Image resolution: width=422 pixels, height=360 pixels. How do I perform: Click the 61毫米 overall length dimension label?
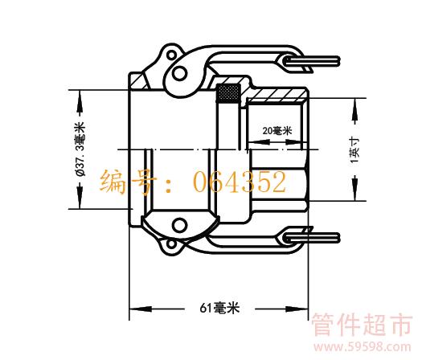(219, 308)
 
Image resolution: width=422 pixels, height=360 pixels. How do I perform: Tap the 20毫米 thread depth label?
(277, 131)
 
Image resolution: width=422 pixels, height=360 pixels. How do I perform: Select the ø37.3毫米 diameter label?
(80, 149)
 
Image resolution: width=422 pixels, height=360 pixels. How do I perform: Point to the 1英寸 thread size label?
(354, 149)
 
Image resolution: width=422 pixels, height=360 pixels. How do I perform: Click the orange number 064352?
(240, 182)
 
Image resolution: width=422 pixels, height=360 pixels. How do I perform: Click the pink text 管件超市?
(362, 325)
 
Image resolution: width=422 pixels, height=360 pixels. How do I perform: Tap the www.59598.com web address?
(362, 346)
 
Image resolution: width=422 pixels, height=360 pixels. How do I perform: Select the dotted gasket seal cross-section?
(228, 93)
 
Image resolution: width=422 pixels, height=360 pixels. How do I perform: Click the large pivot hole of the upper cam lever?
(179, 73)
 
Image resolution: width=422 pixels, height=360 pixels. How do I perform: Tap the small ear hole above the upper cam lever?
(171, 55)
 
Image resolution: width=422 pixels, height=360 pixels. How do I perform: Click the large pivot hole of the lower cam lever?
(179, 226)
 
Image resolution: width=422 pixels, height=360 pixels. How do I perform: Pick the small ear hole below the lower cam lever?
(171, 245)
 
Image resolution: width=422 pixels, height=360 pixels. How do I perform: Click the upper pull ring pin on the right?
(312, 62)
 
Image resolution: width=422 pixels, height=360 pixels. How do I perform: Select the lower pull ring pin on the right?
(312, 238)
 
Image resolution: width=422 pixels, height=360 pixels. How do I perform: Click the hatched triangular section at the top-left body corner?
(140, 81)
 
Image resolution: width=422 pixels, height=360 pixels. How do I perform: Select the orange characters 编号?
(128, 182)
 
